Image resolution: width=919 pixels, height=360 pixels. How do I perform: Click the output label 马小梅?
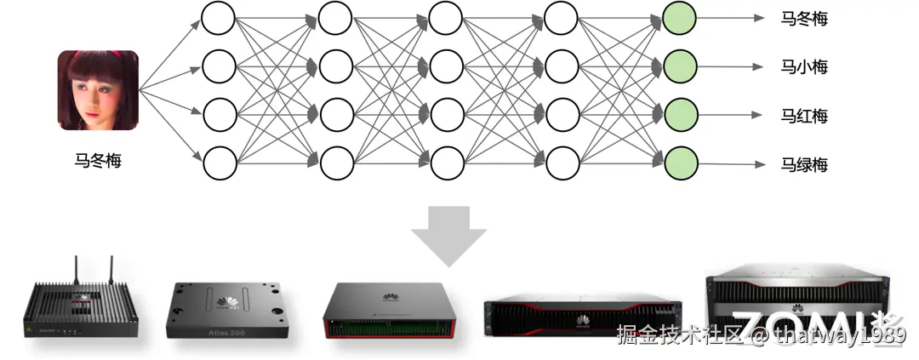click(804, 66)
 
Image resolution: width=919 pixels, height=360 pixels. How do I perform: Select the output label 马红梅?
click(804, 116)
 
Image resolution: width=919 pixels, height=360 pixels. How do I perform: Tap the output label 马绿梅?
click(804, 164)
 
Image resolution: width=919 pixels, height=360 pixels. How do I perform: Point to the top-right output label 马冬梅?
click(804, 18)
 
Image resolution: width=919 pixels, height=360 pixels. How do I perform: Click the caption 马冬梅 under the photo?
click(98, 159)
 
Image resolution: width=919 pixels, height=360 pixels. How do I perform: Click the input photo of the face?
click(98, 90)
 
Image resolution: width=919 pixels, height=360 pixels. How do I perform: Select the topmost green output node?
click(680, 17)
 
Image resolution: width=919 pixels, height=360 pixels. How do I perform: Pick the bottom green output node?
click(680, 161)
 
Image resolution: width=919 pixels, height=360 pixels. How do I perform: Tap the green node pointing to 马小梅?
click(680, 65)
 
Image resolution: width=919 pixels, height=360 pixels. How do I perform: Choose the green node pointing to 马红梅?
click(680, 112)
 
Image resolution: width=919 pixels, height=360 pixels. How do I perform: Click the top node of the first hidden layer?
click(219, 17)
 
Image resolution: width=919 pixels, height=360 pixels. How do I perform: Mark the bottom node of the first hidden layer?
click(219, 161)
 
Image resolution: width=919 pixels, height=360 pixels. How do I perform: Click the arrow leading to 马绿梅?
click(732, 163)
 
